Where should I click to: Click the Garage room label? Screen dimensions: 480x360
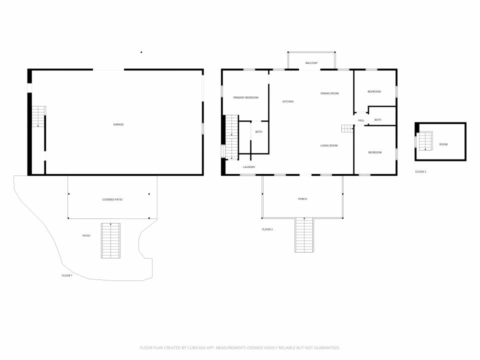click(118, 124)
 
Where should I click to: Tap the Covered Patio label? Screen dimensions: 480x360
click(112, 199)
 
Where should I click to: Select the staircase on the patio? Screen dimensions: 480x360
click(110, 240)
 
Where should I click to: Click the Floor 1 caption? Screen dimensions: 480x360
click(67, 275)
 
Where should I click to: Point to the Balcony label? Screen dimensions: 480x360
click(311, 63)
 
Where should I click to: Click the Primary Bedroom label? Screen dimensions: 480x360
click(246, 97)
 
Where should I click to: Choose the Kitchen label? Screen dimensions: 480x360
click(288, 101)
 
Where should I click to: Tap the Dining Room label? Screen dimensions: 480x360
click(329, 93)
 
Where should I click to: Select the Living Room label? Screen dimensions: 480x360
click(329, 145)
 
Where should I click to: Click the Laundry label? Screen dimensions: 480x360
click(249, 167)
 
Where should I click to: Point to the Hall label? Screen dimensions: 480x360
click(361, 120)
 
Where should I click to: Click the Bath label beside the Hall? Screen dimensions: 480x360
click(378, 120)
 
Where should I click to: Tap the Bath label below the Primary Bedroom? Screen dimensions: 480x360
click(258, 132)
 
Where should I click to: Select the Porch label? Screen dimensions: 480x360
click(303, 199)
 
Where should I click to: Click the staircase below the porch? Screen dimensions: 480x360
click(304, 235)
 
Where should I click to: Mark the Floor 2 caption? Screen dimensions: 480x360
click(267, 229)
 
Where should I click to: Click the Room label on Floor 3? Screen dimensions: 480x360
click(443, 144)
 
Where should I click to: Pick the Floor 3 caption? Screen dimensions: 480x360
click(420, 171)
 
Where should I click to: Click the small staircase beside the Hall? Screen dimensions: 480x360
click(348, 128)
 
